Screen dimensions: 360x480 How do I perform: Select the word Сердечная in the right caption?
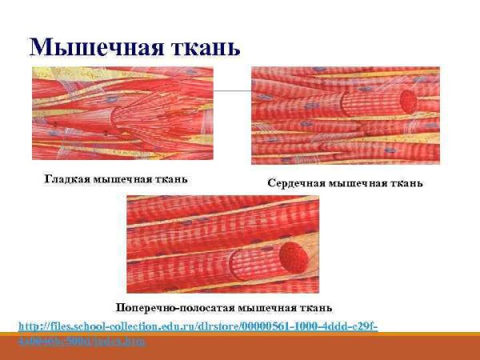(x=295, y=184)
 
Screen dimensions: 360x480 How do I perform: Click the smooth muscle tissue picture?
(x=122, y=114)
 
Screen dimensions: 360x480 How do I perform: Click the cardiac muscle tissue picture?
(x=345, y=115)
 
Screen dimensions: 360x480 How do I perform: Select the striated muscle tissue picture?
(x=223, y=244)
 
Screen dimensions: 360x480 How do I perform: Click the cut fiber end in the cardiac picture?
(x=409, y=101)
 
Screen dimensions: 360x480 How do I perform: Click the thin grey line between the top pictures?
(x=232, y=91)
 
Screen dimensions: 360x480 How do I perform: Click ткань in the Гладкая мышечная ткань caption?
(x=171, y=178)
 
